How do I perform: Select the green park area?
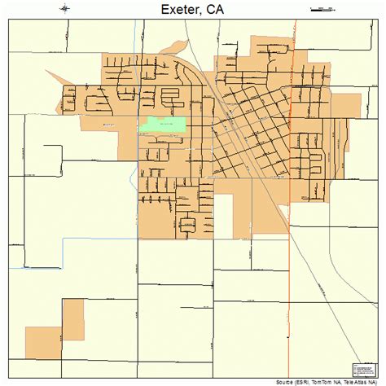coord(163,125)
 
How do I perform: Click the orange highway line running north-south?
coord(292,244)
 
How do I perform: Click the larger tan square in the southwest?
coord(42,340)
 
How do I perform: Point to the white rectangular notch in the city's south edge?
coord(224,216)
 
